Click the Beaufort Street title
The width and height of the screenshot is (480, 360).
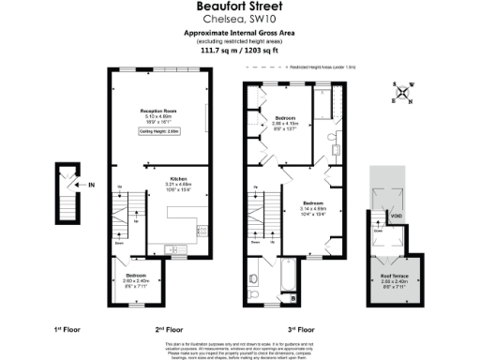point(239,7)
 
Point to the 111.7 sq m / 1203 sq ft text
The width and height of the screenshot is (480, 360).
point(239,52)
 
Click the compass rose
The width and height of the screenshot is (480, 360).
point(404,92)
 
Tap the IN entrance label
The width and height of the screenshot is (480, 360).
point(92,185)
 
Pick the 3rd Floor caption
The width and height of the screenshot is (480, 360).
point(300,329)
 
